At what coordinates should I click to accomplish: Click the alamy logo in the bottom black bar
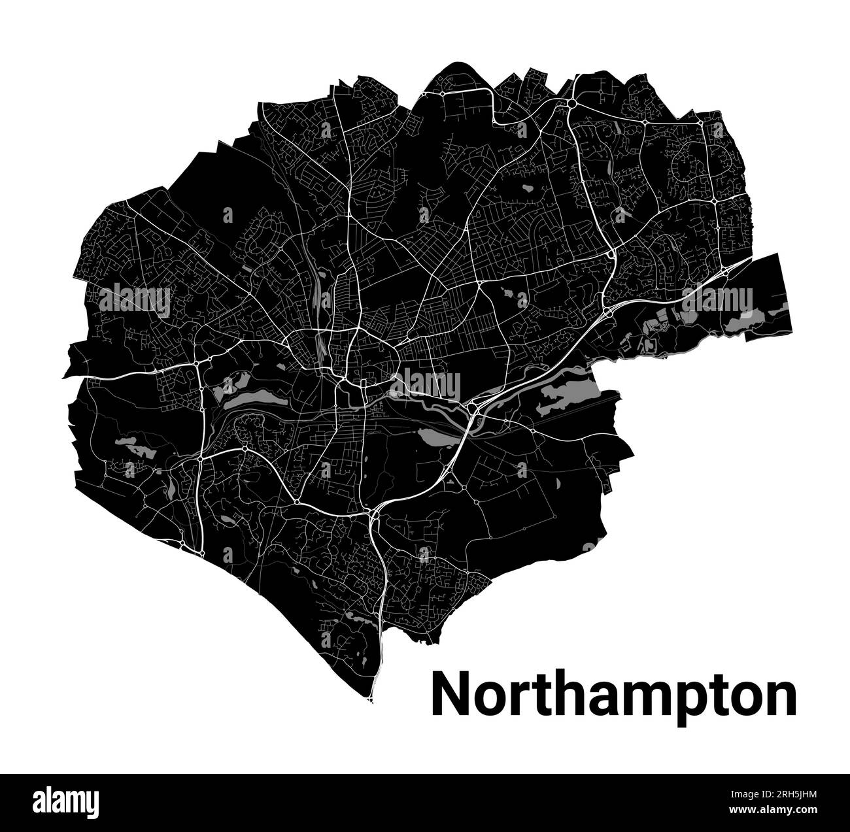pos(67,801)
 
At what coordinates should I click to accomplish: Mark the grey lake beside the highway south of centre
pos(435,437)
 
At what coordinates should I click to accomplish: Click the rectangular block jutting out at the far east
pos(768,297)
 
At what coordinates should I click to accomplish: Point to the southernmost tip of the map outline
pos(371,701)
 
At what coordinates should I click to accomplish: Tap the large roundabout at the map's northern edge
pos(571,103)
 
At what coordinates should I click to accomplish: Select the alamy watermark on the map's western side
pos(135,301)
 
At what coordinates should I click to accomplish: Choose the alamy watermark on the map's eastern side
pos(717,301)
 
